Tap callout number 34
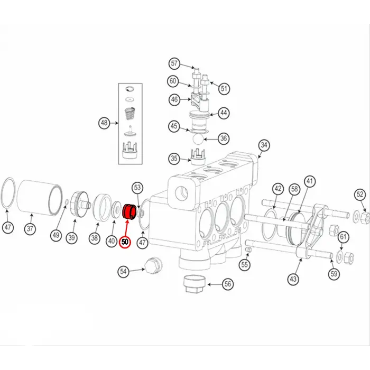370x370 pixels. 264,145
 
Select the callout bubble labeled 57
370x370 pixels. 174,64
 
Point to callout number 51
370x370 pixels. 225,88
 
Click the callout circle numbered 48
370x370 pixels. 104,124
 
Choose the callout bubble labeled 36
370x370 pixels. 224,138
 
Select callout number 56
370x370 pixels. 228,284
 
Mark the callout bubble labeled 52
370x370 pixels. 360,195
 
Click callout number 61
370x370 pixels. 343,236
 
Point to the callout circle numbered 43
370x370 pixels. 293,279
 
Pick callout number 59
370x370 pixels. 334,273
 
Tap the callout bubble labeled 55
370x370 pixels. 244,264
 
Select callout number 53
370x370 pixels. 138,187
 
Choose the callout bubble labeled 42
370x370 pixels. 278,189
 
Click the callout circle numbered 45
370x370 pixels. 174,126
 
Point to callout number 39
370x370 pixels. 71,238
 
